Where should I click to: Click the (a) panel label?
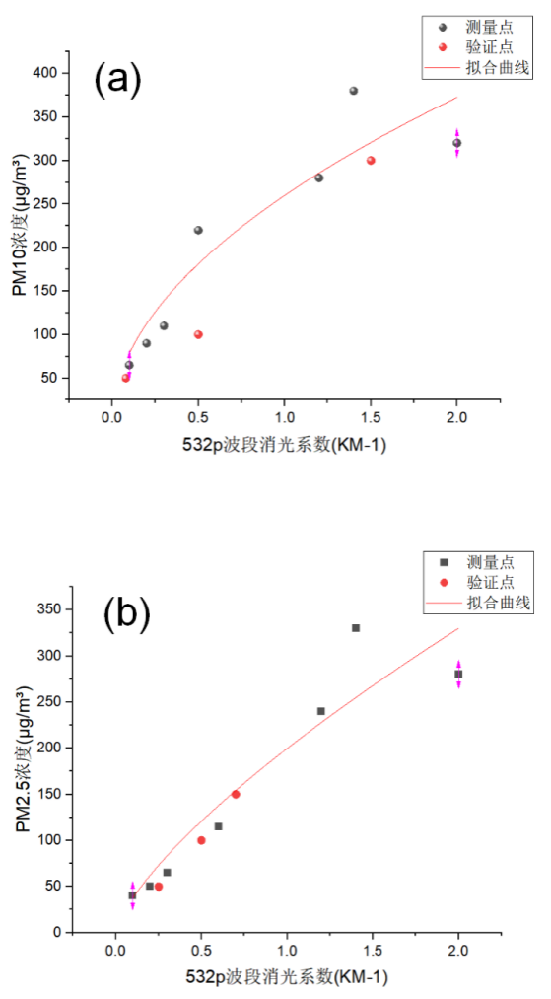(x=117, y=80)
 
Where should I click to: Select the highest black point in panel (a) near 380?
(x=353, y=91)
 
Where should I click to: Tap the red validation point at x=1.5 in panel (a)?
(x=371, y=160)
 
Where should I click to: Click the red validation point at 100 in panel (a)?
(x=198, y=334)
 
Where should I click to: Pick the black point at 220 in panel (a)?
(x=198, y=230)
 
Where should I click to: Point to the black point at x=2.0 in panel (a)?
(x=456, y=143)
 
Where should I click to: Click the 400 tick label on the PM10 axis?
(x=44, y=73)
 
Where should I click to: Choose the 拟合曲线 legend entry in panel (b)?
(x=499, y=603)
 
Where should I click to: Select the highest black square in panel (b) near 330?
(x=356, y=628)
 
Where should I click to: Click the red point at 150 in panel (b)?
(x=236, y=794)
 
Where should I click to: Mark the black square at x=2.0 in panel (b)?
(x=458, y=675)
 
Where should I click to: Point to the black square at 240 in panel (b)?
(x=321, y=711)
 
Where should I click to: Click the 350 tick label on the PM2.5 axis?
(x=45, y=609)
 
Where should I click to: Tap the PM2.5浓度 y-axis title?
(x=21, y=769)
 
